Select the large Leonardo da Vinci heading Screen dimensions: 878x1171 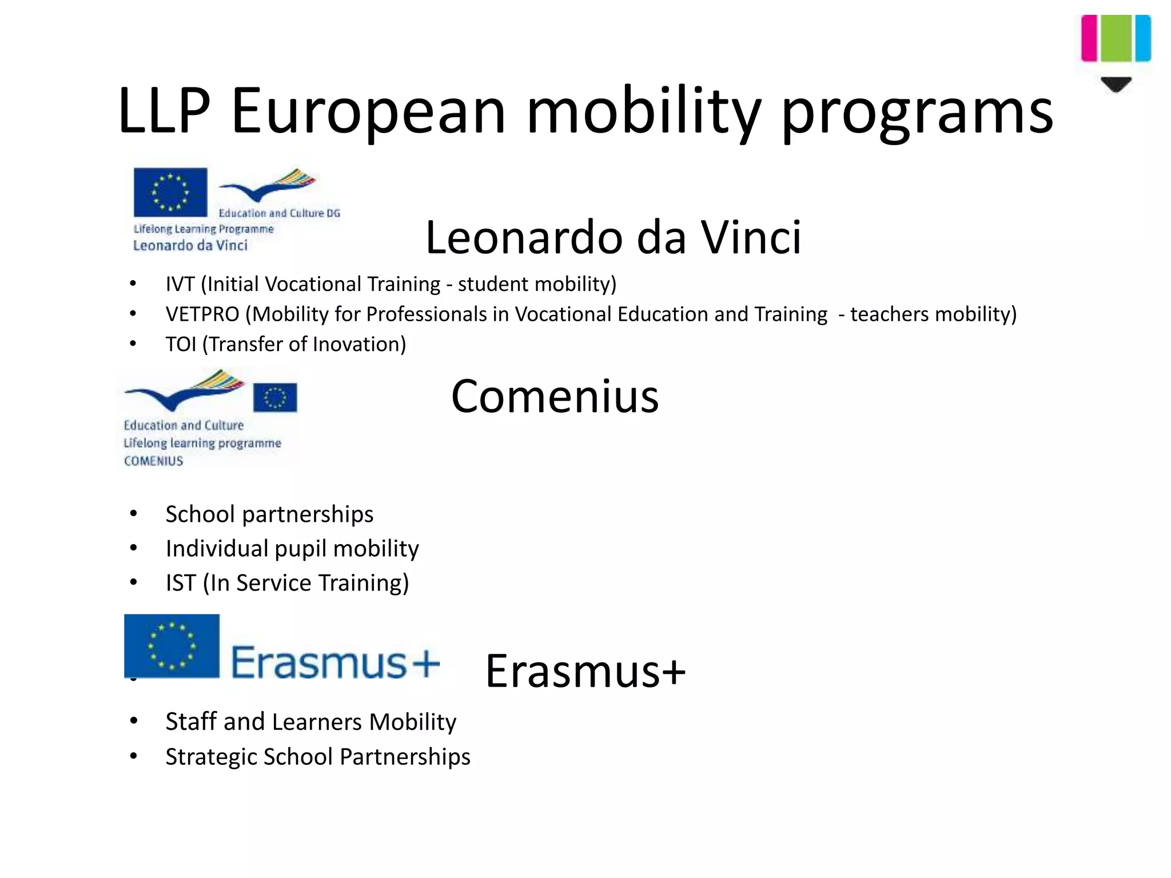coord(614,237)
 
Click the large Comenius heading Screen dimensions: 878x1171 coord(555,396)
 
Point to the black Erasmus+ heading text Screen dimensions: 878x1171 coord(585,671)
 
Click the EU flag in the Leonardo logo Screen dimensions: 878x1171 coord(170,192)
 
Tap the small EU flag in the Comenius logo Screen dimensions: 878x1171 coord(275,397)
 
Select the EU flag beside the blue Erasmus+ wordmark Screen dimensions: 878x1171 coord(172,646)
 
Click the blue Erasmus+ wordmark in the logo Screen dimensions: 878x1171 coord(335,663)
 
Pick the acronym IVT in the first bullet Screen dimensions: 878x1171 coord(180,284)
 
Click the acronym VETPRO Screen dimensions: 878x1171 coord(202,314)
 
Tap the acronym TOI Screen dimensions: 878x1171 coord(181,344)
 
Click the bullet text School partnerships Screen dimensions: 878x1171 coord(269,514)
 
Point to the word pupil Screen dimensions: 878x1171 coord(301,549)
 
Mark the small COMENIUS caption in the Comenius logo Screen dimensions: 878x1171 coord(153,461)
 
